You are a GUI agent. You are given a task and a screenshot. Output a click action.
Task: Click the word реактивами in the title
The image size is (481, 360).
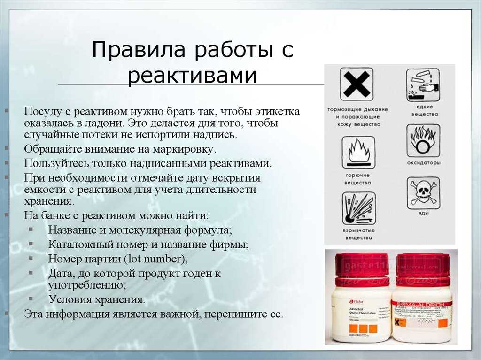pyautogui.click(x=192, y=76)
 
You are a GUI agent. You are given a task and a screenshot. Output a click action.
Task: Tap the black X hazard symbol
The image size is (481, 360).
pyautogui.click(x=357, y=85)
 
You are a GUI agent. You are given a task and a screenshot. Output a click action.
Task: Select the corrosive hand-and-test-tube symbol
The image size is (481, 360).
pyautogui.click(x=423, y=85)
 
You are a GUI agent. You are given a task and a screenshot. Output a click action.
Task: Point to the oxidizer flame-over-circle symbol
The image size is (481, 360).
pyautogui.click(x=423, y=140)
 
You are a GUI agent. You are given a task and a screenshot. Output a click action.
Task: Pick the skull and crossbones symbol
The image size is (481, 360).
pyautogui.click(x=423, y=193)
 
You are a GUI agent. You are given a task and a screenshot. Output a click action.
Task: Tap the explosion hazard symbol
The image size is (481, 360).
pyautogui.click(x=358, y=208)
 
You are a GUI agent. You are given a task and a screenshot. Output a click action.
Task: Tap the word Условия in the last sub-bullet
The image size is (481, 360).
pyautogui.click(x=69, y=299)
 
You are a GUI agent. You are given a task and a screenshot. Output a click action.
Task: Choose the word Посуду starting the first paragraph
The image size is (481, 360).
pyautogui.click(x=41, y=112)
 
